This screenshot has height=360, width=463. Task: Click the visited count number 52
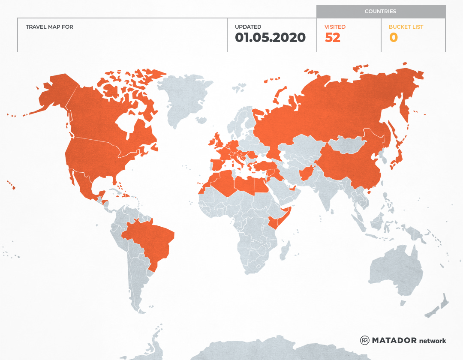tap(333, 38)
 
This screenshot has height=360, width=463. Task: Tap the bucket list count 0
tap(393, 38)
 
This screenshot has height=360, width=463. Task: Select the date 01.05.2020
tap(270, 38)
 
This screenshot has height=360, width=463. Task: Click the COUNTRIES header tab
tap(380, 12)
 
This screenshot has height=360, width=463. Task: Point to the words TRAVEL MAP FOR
tap(49, 27)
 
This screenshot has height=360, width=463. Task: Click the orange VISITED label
tap(335, 27)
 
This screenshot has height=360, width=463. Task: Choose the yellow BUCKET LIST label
tap(406, 27)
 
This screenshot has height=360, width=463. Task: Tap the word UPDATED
tap(248, 27)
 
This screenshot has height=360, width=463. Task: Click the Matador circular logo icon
tap(365, 340)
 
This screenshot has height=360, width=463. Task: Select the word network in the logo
tap(433, 341)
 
